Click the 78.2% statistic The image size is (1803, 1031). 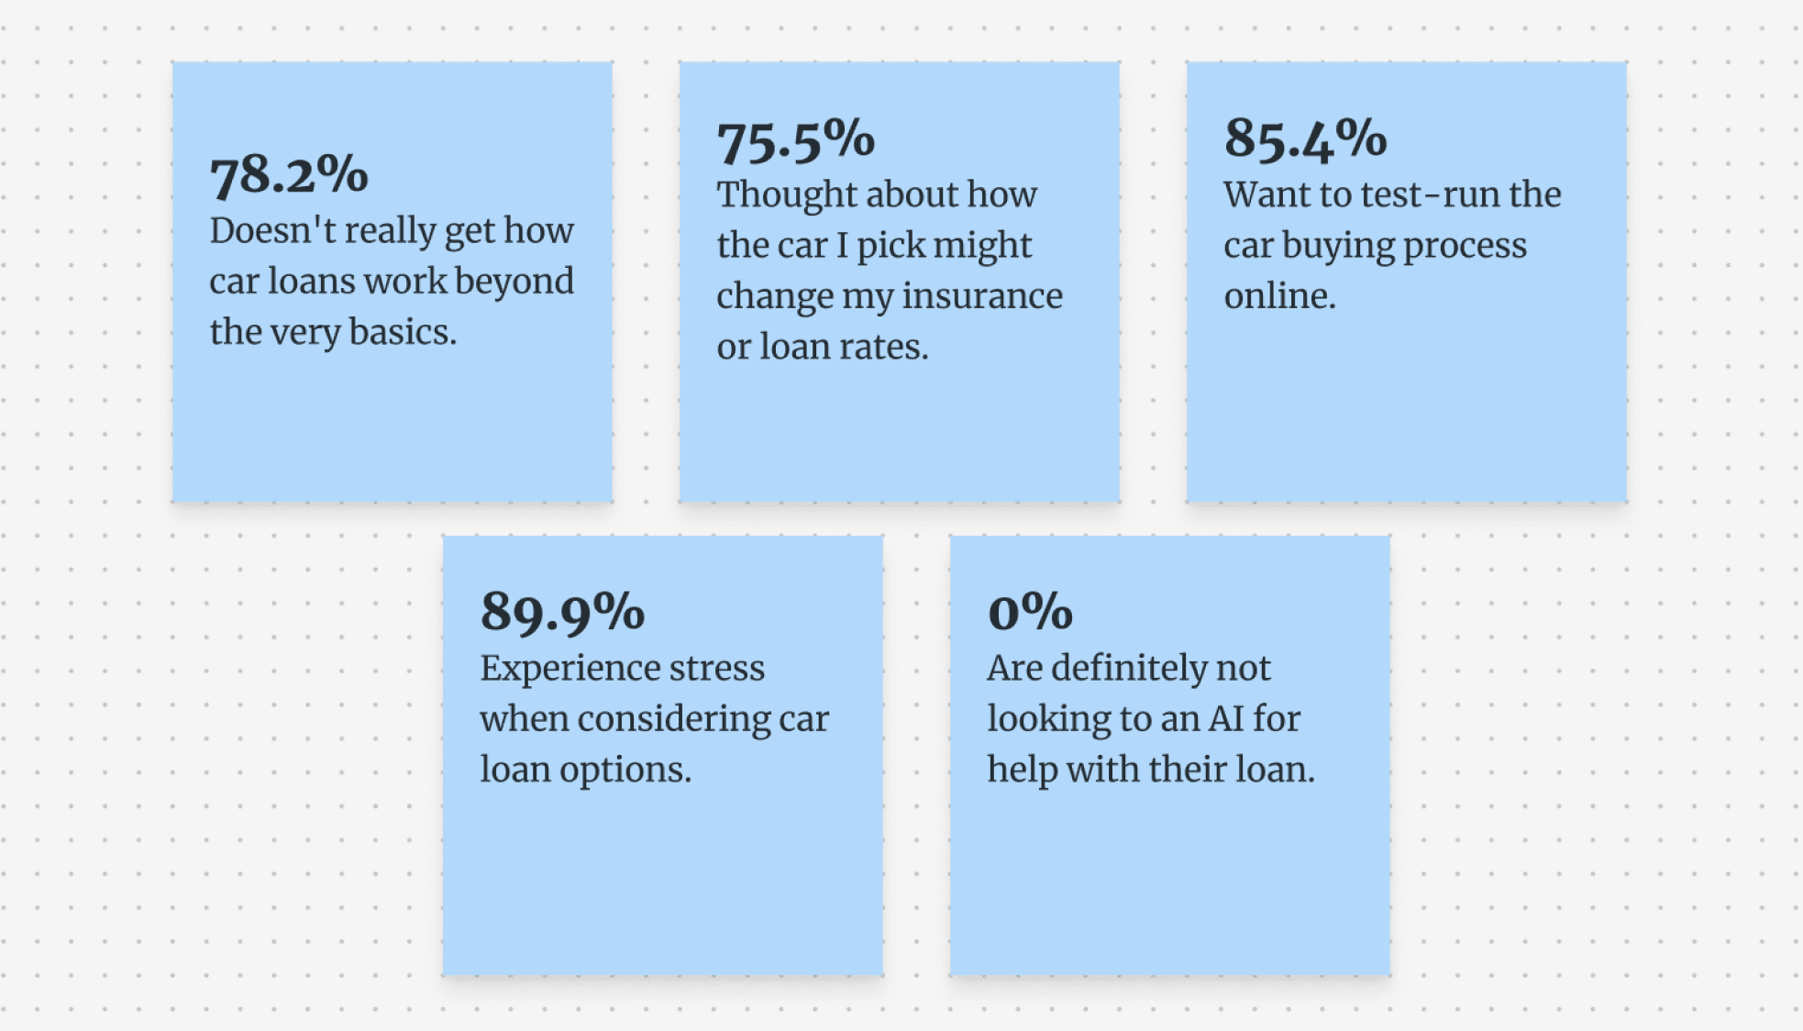[289, 174]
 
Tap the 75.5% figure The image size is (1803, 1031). [796, 140]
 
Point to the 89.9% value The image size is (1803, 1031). [562, 612]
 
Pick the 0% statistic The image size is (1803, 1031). [1030, 611]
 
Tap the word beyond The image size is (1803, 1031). [514, 282]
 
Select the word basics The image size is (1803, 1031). [403, 332]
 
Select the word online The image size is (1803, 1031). [1279, 296]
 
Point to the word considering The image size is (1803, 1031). [673, 720]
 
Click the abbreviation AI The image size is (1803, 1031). [1225, 719]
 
